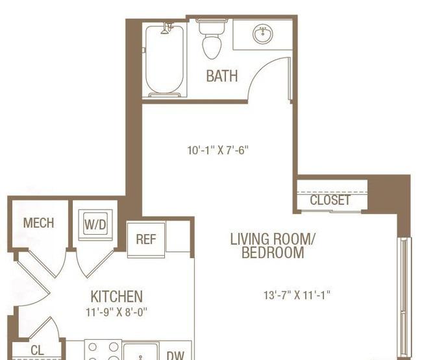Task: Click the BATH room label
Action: pos(222,76)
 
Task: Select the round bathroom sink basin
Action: pos(263,34)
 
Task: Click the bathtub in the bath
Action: pos(164,60)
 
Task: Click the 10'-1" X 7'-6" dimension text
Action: pos(218,150)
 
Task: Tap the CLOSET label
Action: pos(330,200)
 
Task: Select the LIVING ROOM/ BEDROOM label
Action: pos(273,246)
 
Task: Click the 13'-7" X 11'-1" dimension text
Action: pos(297,295)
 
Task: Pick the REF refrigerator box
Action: pos(146,239)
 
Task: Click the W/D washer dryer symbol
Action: pos(95,224)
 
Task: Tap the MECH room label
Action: pos(38,223)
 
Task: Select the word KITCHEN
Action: pos(116,296)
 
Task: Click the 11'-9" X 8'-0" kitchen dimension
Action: pos(116,312)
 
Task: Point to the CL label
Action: pos(37,350)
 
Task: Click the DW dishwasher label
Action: pos(175,355)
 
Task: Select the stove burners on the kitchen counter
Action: pos(103,350)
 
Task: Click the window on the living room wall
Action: pos(404,298)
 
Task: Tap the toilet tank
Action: pos(212,27)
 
